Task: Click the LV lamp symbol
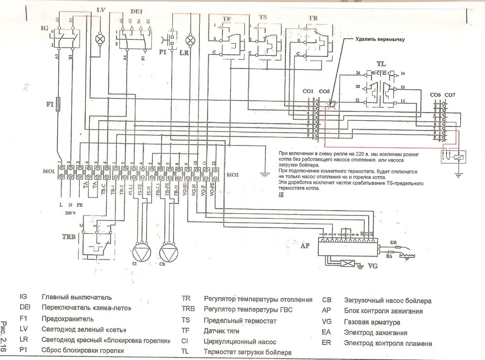[101, 38]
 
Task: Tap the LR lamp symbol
[191, 38]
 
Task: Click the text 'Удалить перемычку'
[380, 40]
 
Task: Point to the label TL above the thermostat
[382, 64]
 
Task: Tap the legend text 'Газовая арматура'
[372, 322]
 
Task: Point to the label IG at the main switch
[45, 29]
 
